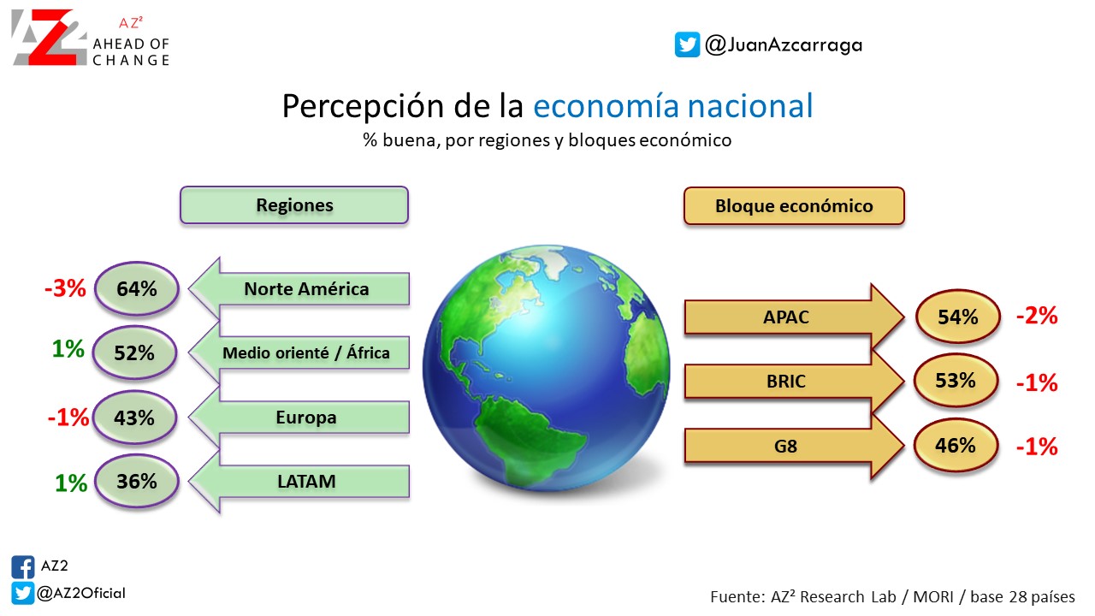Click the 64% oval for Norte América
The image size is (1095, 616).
pyautogui.click(x=136, y=288)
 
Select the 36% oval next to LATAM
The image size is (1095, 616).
pyautogui.click(x=136, y=481)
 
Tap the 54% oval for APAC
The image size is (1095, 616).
pyautogui.click(x=957, y=317)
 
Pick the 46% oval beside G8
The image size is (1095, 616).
pyautogui.click(x=956, y=446)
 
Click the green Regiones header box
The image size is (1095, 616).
pyautogui.click(x=294, y=205)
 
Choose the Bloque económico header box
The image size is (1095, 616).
pyautogui.click(x=794, y=206)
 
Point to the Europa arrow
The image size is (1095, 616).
pyautogui.click(x=299, y=417)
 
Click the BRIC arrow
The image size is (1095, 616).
pyautogui.click(x=795, y=381)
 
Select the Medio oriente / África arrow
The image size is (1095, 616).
pyautogui.click(x=299, y=352)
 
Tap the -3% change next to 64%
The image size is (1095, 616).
pyautogui.click(x=65, y=288)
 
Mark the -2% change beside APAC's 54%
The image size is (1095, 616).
pyautogui.click(x=1037, y=316)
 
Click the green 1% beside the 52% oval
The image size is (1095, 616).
pyautogui.click(x=68, y=349)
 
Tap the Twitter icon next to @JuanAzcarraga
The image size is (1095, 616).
pyautogui.click(x=687, y=44)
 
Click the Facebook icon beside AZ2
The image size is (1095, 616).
pyautogui.click(x=23, y=567)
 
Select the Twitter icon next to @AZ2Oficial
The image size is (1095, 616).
pyautogui.click(x=23, y=593)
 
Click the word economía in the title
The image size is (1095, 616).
pyautogui.click(x=606, y=106)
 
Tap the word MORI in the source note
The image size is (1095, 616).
pyautogui.click(x=933, y=597)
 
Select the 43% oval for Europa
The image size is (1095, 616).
pyautogui.click(x=134, y=418)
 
